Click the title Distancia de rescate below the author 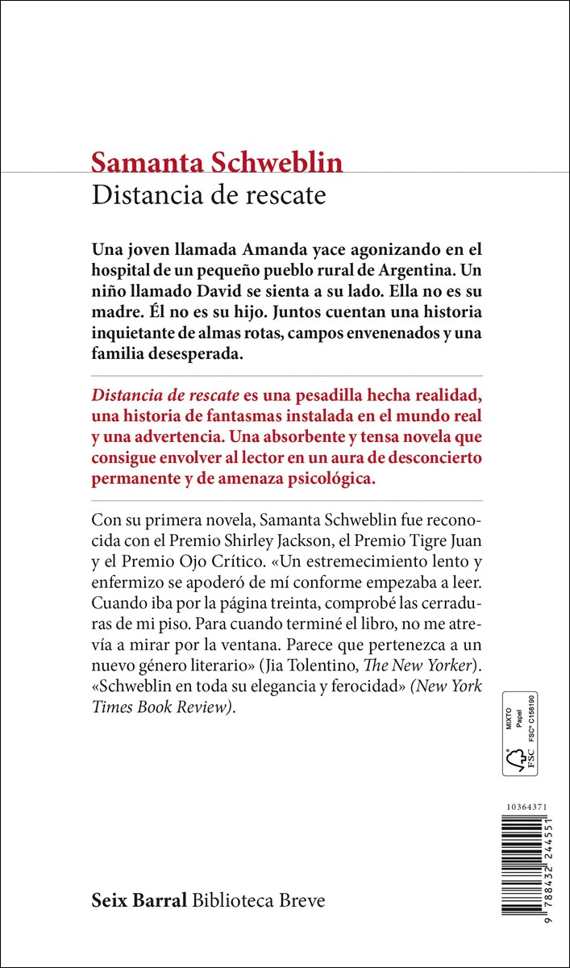pyautogui.click(x=209, y=196)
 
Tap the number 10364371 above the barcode pyautogui.click(x=524, y=807)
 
